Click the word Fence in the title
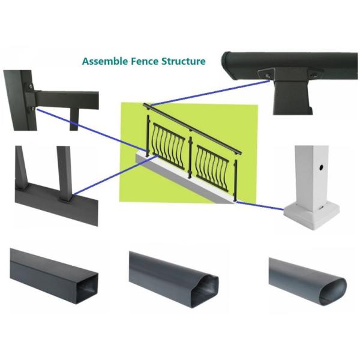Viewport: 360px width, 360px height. coord(140,61)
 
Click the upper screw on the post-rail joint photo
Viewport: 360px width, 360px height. coord(28,87)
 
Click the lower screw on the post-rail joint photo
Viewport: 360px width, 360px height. coord(31,109)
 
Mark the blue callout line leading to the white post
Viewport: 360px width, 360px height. coord(261,206)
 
